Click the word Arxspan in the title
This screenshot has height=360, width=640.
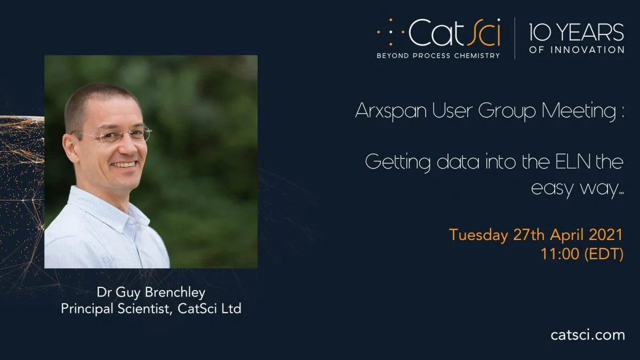391,110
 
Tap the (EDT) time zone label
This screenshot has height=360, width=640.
604,254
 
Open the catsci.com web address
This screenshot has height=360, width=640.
588,335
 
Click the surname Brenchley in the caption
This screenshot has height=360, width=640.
175,293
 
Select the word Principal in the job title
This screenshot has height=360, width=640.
87,309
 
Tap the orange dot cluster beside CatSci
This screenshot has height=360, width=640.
391,32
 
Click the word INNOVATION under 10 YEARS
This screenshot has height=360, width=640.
587,50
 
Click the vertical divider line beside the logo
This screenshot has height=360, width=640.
515,38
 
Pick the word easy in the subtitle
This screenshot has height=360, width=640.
550,189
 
